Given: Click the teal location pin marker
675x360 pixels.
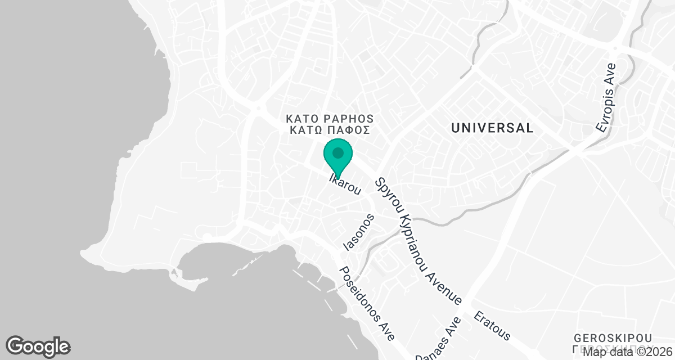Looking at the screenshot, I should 338,158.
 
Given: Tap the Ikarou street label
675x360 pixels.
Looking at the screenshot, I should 344,185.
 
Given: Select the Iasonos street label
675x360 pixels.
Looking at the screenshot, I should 359,232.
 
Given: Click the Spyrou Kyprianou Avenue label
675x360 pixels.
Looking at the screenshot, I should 420,242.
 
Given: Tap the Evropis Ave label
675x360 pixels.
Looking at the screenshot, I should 607,98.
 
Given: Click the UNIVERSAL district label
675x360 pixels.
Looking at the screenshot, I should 492,128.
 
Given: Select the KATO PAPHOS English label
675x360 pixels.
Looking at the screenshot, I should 330,119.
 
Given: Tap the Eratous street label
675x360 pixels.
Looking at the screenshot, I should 492,326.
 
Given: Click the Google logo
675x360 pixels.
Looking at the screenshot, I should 38,345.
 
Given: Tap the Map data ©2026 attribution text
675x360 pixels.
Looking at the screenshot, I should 627,353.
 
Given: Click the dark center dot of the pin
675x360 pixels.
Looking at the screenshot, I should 338,152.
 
